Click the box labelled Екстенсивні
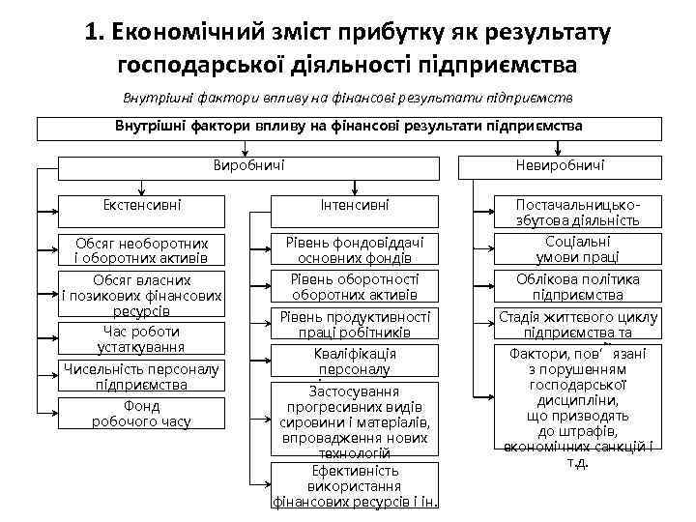(142, 206)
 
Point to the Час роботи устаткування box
(142, 338)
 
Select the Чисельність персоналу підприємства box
(142, 376)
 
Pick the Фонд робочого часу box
(142, 414)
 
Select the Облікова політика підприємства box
(577, 287)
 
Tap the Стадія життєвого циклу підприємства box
(577, 325)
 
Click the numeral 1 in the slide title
(91, 33)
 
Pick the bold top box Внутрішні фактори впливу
(349, 128)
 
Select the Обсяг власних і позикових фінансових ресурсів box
(142, 295)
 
